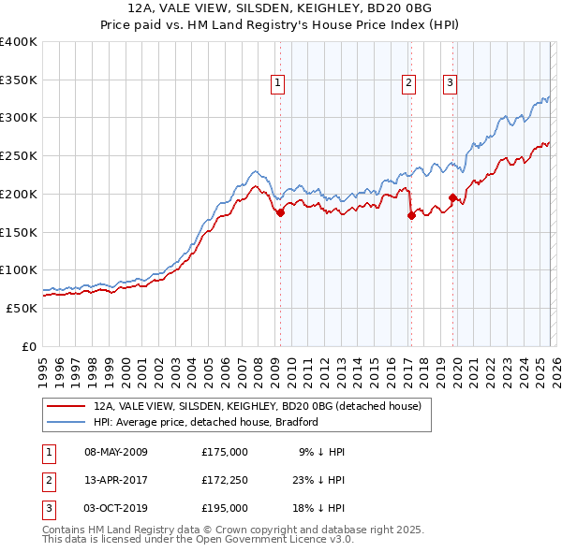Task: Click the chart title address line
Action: tap(280, 8)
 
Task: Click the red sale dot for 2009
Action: tap(280, 212)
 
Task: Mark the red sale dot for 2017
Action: tap(411, 215)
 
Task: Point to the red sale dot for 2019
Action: tap(452, 197)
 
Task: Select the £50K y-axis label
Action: tap(22, 308)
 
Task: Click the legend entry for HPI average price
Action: tap(206, 422)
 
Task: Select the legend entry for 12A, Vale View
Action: tap(258, 406)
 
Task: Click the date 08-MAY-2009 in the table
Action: tap(116, 452)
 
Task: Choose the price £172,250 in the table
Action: tap(225, 480)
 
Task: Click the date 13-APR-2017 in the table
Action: tap(116, 480)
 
